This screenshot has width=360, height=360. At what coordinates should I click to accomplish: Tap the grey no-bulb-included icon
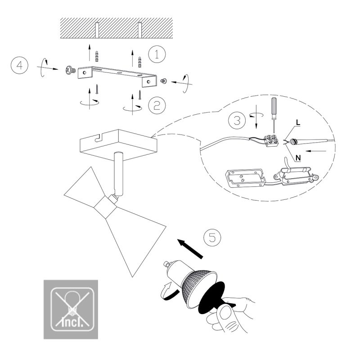71,309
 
